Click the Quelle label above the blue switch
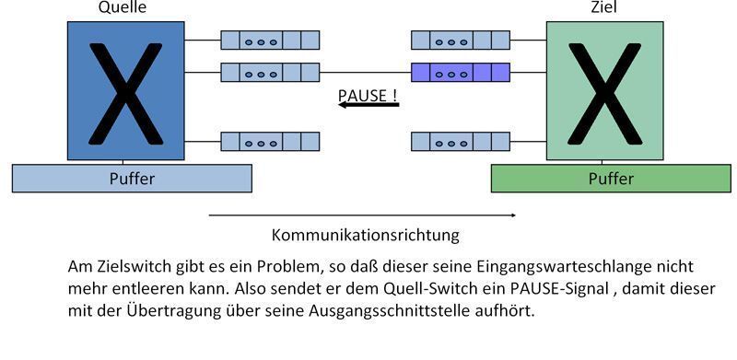coord(123,8)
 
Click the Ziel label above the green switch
coord(603,8)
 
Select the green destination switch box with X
coord(604,91)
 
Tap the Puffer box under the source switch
coord(132,178)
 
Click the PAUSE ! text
coord(368,95)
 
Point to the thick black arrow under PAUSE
coord(368,105)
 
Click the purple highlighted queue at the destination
coord(461,72)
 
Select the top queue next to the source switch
coord(270,41)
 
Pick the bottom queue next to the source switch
coord(270,142)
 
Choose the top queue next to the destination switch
coord(461,41)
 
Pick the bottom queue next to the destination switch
coord(461,142)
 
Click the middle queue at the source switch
coord(270,72)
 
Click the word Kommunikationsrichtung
coord(366,235)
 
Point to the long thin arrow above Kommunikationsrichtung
coord(362,215)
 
